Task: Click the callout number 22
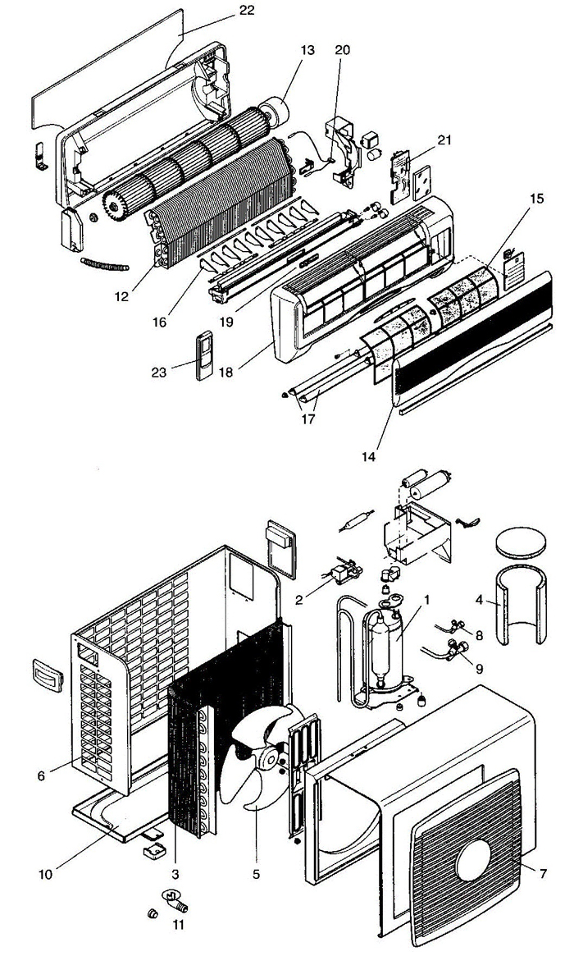[x=247, y=11]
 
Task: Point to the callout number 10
[x=47, y=874]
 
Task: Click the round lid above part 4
[x=523, y=544]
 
